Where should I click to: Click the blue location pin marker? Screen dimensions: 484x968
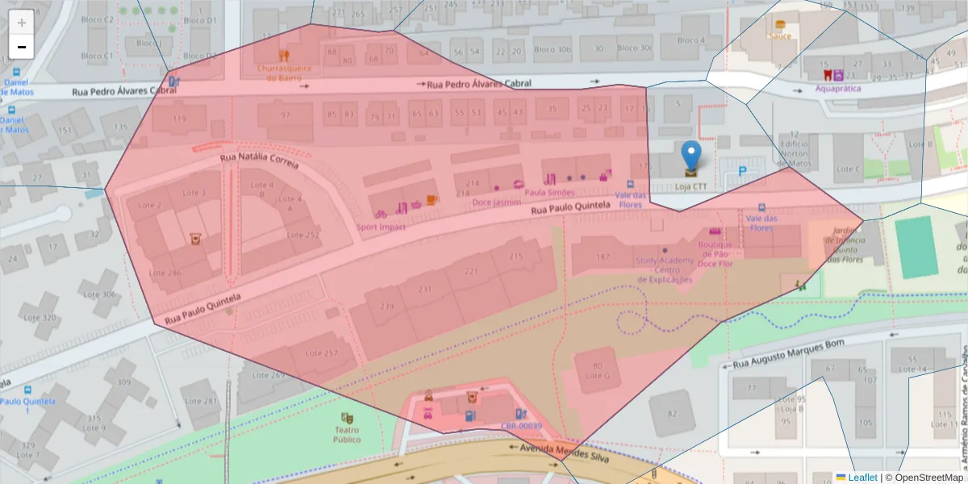(691, 156)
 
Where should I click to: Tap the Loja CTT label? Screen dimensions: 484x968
(691, 186)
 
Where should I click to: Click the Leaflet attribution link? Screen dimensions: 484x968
(862, 478)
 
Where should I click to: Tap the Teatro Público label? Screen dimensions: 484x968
(347, 435)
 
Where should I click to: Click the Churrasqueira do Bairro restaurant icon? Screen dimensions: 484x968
(284, 56)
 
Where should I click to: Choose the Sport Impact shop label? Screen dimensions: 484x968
(381, 227)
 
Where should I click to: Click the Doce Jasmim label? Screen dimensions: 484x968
(496, 202)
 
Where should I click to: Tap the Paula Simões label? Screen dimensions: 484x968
(549, 193)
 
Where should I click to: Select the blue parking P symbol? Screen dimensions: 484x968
(744, 171)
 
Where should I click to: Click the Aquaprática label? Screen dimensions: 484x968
(838, 89)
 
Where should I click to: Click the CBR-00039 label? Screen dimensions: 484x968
(521, 426)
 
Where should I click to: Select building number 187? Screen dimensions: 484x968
(603, 257)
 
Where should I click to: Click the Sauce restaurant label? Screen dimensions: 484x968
(780, 36)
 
